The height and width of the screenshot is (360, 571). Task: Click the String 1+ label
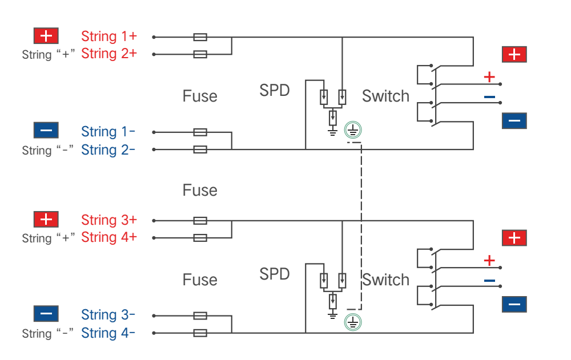coord(109,37)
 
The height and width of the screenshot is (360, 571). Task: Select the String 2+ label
coord(109,54)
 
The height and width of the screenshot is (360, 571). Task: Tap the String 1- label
coord(108,131)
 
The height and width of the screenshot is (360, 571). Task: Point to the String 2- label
coord(108,149)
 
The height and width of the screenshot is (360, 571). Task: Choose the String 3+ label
coord(109,220)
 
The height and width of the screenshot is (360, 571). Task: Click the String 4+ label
coord(109,237)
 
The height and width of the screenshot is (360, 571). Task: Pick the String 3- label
coord(108,315)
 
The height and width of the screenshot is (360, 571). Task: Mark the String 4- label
coord(108,333)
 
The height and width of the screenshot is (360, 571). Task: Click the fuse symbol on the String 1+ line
coord(200,37)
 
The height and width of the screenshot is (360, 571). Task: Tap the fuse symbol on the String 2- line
coord(200,149)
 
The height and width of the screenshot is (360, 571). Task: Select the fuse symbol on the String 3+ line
coord(200,221)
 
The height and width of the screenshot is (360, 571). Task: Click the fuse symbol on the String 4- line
coord(200,333)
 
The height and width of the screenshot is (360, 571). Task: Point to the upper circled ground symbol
coord(353,130)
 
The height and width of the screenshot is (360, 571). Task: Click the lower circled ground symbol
coord(353,322)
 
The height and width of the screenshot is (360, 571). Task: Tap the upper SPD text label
coord(275,90)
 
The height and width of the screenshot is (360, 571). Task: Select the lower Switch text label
coord(385,280)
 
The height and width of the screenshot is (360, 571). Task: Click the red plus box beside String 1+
coord(46,36)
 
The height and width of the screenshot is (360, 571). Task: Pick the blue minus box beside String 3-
coord(46,313)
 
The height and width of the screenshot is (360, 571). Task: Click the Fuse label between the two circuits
coord(200,191)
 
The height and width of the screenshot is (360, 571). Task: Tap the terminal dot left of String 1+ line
coord(154,37)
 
